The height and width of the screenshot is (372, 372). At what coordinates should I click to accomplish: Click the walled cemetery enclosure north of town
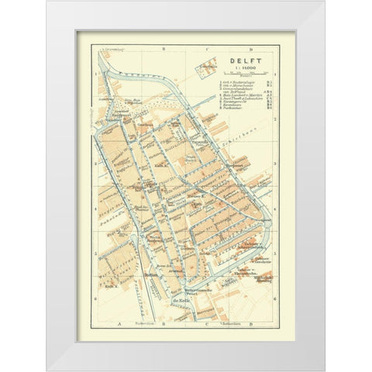coord(205,71)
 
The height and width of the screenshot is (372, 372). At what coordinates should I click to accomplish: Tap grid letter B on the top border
coord(158,48)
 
